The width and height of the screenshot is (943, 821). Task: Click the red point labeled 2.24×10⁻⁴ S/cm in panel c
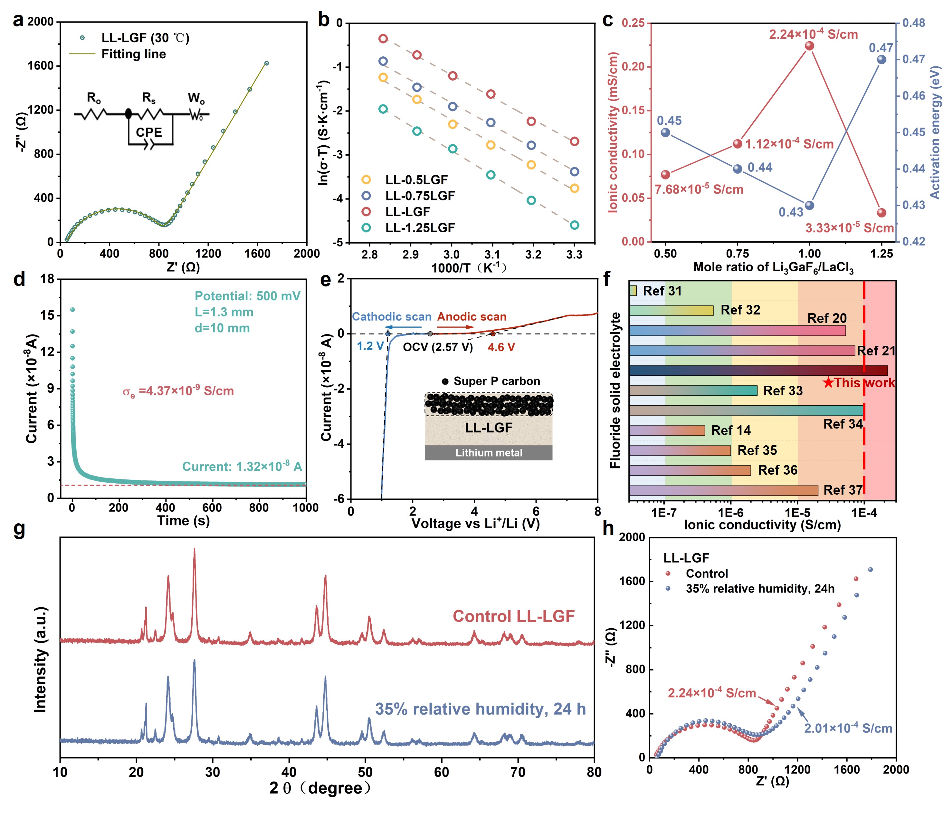[x=809, y=46]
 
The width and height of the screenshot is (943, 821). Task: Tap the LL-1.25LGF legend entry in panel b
[x=420, y=228]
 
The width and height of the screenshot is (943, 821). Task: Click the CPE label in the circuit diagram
[x=149, y=132]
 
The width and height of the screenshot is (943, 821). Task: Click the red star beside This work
[x=828, y=382]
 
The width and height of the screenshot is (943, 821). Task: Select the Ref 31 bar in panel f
[x=633, y=290]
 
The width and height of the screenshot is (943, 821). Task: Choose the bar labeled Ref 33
[x=692, y=390]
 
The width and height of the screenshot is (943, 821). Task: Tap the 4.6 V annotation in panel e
[x=501, y=347]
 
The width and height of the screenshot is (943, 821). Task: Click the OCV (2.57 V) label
[x=437, y=347]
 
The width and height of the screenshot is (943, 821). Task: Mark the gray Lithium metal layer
[x=488, y=453]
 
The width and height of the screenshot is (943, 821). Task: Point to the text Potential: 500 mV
[x=247, y=296]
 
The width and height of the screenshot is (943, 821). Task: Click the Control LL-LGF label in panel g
[x=513, y=616]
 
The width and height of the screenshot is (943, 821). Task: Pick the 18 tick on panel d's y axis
[x=47, y=279]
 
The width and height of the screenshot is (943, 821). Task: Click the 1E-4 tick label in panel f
[x=864, y=513]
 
